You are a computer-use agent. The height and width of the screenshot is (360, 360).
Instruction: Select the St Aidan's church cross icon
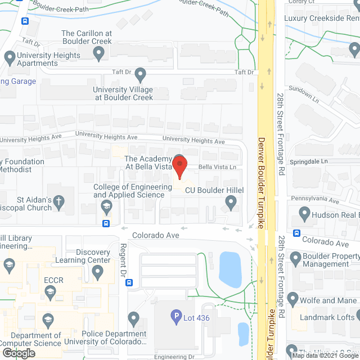coord(57,200)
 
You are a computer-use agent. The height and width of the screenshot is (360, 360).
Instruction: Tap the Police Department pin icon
coord(133,319)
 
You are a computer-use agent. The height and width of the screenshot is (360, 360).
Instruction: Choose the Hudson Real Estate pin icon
coord(304,214)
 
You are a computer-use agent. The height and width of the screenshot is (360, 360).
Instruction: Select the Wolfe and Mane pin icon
coord(292,299)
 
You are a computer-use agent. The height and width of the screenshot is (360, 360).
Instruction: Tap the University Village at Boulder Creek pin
coord(141,74)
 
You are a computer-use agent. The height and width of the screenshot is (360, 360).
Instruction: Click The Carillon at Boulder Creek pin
coord(100,53)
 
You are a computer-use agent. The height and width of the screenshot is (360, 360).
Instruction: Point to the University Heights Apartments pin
coord(10,57)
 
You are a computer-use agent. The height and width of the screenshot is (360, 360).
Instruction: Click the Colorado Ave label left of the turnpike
coord(156,235)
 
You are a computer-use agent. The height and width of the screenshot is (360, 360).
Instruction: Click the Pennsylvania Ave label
coord(315,200)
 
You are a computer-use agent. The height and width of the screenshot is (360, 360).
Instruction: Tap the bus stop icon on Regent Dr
coord(129,282)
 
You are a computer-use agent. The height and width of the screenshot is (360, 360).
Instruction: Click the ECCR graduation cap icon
coord(50,291)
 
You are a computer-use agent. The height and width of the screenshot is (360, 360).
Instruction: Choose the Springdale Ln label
coord(309,161)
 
